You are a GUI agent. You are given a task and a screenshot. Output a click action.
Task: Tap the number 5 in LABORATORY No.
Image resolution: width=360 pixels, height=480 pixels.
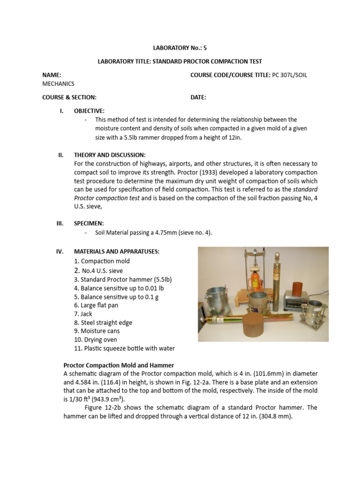click(204, 48)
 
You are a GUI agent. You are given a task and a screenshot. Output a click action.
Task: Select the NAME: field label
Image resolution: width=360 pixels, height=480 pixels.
click(52, 75)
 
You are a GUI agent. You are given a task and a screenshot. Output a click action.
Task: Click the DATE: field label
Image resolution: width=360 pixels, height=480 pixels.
click(198, 97)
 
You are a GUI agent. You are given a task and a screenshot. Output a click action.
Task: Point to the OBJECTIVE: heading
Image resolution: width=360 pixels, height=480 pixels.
click(89, 111)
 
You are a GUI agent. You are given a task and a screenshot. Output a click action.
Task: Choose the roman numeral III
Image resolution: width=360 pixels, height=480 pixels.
click(60, 224)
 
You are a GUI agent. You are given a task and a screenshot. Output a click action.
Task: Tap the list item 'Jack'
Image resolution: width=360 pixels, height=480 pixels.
click(87, 314)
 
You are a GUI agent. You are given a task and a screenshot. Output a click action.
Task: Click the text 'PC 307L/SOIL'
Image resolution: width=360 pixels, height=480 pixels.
click(290, 75)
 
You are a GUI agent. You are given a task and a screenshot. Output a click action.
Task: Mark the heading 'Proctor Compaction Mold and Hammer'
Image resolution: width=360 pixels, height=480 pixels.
click(119, 365)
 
